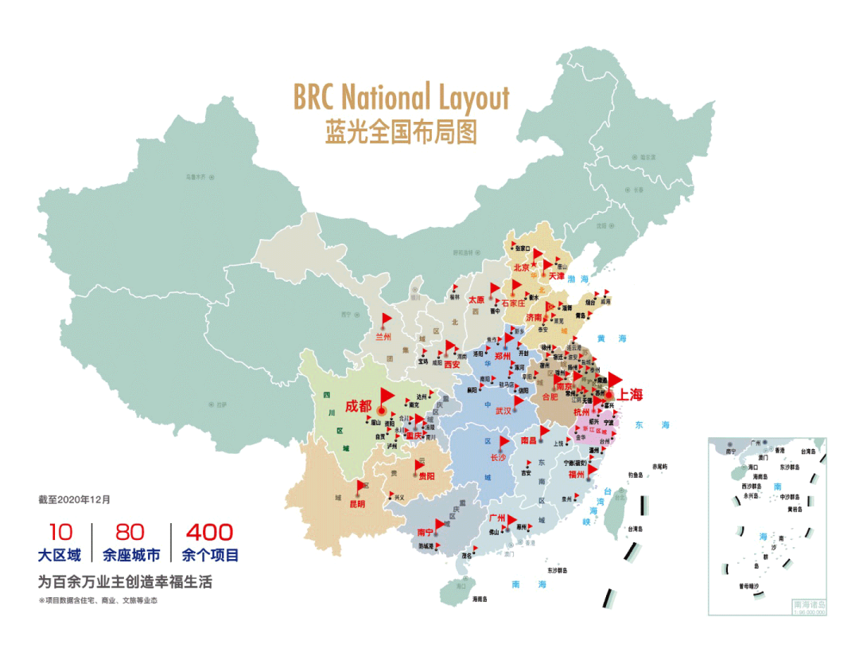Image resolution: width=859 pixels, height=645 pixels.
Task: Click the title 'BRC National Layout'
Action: tap(401, 97)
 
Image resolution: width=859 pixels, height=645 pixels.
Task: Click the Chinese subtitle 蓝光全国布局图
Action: tap(401, 131)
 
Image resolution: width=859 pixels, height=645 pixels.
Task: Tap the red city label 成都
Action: tap(357, 405)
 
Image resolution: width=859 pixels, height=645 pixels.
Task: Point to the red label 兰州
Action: tap(384, 336)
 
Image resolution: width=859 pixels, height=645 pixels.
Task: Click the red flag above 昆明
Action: tap(362, 486)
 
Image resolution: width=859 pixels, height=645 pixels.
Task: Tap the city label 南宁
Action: tap(426, 532)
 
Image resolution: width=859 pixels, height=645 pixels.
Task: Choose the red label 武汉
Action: tap(503, 411)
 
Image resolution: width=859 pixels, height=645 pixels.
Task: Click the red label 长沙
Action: tap(498, 458)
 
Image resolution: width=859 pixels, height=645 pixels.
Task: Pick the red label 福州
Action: tap(577, 475)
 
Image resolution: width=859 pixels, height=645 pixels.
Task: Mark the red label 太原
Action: tap(476, 300)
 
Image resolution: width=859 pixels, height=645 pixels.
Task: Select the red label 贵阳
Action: tap(426, 476)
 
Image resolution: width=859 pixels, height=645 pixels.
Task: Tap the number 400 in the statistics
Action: tap(209, 532)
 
